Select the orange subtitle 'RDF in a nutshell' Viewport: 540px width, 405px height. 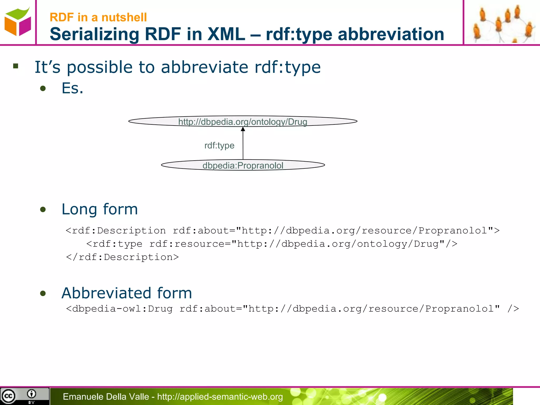click(x=98, y=17)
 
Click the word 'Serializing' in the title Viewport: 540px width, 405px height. click(x=94, y=34)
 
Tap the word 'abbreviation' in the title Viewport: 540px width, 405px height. click(x=391, y=34)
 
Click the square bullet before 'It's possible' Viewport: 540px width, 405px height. click(x=16, y=66)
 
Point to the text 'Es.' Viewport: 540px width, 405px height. click(x=72, y=88)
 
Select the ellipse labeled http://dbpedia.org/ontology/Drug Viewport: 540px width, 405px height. click(x=243, y=121)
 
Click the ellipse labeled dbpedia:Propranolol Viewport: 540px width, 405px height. click(x=243, y=165)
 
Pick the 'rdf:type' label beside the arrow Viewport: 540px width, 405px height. click(x=219, y=145)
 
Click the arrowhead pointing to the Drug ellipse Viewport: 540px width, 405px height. click(x=243, y=129)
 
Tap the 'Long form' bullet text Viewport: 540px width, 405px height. click(x=99, y=209)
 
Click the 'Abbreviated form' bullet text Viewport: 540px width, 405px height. click(x=127, y=293)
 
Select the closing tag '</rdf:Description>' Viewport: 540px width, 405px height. click(x=122, y=257)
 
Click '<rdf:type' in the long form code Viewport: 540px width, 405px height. click(x=114, y=244)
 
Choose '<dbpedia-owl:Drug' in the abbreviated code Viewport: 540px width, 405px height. click(x=119, y=309)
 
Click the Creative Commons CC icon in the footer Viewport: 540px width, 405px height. click(x=8, y=396)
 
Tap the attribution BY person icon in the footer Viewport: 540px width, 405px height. click(x=31, y=394)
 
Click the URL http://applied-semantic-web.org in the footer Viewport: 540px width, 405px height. click(x=220, y=397)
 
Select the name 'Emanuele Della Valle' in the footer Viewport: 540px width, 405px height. click(x=106, y=397)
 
